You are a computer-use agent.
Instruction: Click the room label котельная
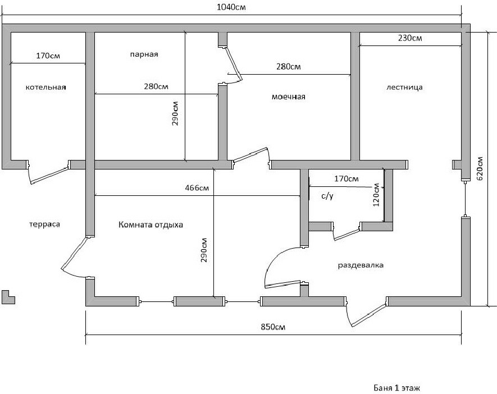pos(46,88)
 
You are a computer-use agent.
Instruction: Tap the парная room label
pos(144,55)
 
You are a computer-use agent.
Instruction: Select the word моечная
pos(289,97)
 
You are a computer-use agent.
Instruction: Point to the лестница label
pos(404,88)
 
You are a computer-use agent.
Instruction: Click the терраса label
pos(44,224)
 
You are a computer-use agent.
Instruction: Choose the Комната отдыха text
pos(151,225)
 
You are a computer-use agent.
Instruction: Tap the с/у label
pos(328,196)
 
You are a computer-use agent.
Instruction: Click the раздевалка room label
pos(360,264)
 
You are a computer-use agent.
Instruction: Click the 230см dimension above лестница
pos(410,38)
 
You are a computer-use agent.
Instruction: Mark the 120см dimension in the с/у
pos(377,195)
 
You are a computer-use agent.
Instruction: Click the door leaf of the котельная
pos(49,175)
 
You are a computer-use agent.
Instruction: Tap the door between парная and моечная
pos(233,62)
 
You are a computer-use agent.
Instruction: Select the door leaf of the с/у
pos(346,233)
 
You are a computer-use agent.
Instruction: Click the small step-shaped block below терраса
pos(8,296)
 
